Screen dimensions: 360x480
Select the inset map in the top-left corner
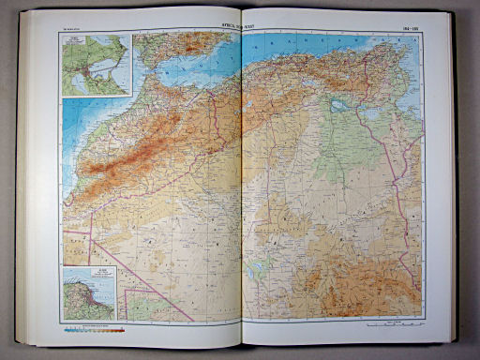click(x=97, y=66)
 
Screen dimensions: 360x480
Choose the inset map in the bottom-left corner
click(x=89, y=293)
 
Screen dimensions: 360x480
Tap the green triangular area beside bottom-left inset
click(x=141, y=305)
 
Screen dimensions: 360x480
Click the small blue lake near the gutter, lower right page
click(x=254, y=278)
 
